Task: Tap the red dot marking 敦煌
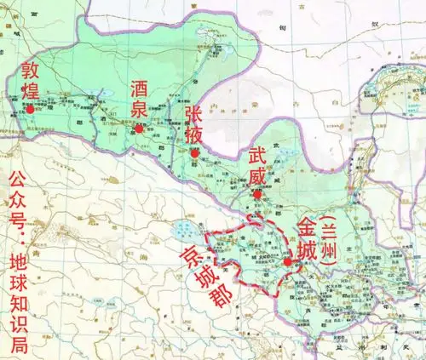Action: point(31,108)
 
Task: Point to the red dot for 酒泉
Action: point(139,129)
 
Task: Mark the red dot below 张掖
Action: point(194,154)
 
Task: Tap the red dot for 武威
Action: point(256,195)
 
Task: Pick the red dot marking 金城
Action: point(289,262)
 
